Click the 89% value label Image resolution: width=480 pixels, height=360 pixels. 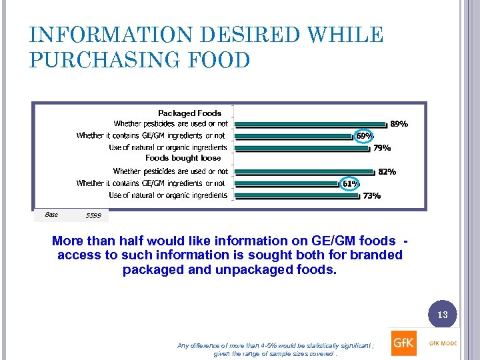click(x=399, y=124)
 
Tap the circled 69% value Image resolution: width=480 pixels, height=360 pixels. click(x=364, y=135)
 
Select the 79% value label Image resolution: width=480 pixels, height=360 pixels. click(x=382, y=148)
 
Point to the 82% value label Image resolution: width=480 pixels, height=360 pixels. click(x=387, y=172)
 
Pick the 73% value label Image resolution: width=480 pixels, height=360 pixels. click(x=372, y=196)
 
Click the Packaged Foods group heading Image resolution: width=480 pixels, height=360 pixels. click(x=189, y=113)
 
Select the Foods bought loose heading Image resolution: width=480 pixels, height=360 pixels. click(x=183, y=159)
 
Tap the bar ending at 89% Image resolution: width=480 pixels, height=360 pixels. click(x=311, y=123)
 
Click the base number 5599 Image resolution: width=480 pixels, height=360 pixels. click(x=94, y=216)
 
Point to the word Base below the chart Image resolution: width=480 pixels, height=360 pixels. click(x=51, y=215)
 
